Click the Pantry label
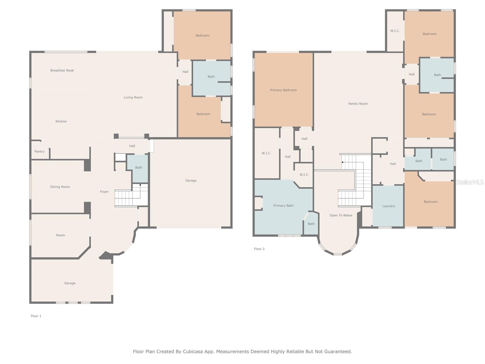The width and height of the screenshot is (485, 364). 39,151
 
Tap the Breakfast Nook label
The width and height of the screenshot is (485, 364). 62,70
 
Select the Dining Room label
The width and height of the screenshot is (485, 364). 60,187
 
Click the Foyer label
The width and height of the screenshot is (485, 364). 104,192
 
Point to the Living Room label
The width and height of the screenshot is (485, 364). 133,97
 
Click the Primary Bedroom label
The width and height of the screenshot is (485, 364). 283,90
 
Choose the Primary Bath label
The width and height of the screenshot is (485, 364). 283,206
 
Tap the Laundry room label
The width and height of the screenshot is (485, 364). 389,206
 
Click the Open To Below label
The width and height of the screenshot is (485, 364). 341,215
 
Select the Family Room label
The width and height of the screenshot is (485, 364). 358,104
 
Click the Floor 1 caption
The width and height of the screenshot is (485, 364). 36,316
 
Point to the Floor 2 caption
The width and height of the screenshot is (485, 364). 259,249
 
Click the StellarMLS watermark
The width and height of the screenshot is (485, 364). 470,182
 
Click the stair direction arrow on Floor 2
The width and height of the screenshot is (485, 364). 343,162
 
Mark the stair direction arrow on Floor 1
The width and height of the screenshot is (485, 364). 140,184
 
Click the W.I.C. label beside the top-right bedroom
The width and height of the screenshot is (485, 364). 395,31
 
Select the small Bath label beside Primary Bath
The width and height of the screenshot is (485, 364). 311,224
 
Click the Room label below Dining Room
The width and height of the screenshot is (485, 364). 61,235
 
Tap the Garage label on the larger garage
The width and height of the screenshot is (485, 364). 191,180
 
